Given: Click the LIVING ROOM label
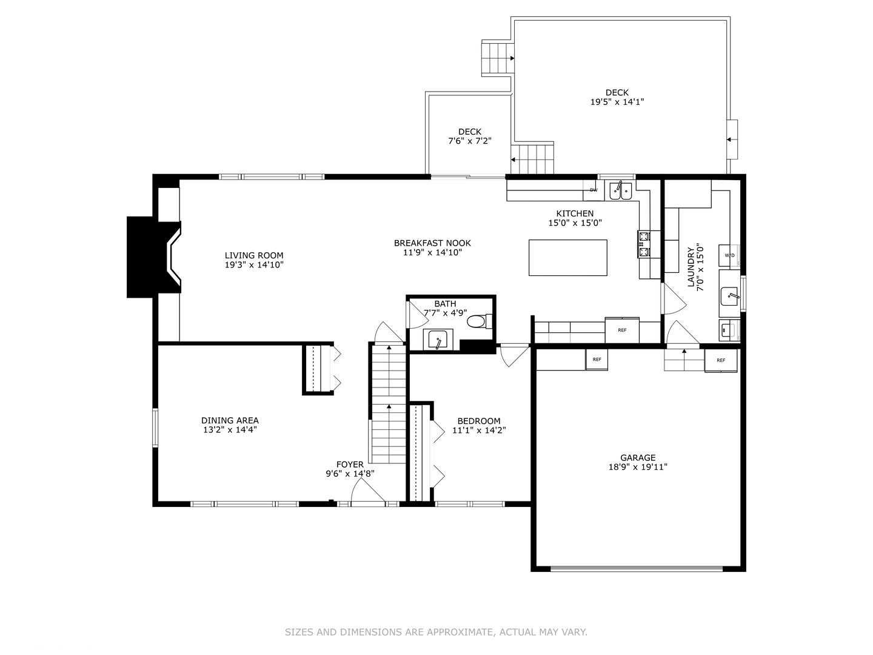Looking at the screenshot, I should pos(254,255).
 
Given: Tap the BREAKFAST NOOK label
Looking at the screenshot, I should pos(432,243).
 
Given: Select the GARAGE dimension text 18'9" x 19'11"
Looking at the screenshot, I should pos(638,467).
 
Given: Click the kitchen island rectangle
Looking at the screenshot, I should pos(567,257).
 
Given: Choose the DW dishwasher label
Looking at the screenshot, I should pos(594,190).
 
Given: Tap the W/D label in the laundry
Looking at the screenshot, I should pos(729,255).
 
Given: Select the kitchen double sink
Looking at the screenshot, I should pos(620,190).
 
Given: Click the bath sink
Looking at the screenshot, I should pos(436,339).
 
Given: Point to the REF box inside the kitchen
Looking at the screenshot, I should pos(622,330).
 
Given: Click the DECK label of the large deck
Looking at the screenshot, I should pos(617,93).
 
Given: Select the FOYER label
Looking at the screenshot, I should pos(350,465).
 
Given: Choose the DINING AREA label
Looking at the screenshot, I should pos(230,420).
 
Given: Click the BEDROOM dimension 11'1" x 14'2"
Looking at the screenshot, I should pos(479,431).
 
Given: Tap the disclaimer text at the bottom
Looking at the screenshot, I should pos(436,632).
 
